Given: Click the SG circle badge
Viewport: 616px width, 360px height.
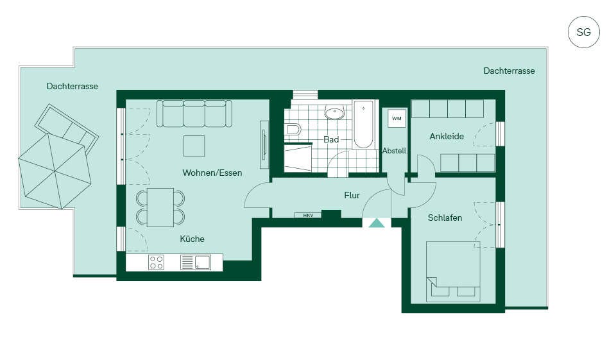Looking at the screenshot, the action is pos(583,32).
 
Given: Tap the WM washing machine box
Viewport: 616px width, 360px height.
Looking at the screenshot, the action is pos(397,118).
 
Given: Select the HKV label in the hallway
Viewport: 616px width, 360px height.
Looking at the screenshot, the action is pos(309,215).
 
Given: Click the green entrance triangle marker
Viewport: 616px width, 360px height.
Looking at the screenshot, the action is pos(377,223).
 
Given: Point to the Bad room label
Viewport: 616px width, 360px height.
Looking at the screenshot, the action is pos(331,139).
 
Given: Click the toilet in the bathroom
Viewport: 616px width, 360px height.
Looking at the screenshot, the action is pos(293,129).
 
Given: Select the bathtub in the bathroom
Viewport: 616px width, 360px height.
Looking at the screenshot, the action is pos(363,125).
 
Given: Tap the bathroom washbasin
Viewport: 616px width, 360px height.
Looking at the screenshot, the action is pos(334,113).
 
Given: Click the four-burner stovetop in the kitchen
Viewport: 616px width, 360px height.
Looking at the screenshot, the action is pos(156,262).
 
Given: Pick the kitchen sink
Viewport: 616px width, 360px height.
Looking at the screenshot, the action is pos(195,262).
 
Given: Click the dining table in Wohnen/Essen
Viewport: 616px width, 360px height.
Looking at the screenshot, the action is pos(160,207).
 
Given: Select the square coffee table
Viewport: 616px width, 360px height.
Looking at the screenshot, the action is pos(194,146).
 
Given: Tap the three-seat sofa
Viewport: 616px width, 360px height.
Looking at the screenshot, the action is pos(194,114).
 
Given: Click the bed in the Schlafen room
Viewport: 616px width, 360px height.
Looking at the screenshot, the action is pos(453,271).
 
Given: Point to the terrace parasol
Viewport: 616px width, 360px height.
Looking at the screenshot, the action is pos(55,171).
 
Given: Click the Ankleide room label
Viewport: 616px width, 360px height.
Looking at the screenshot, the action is pos(447,137).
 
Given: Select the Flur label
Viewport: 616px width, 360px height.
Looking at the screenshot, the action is pos(352,195).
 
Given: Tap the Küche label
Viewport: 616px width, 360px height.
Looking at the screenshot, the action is pos(192,239).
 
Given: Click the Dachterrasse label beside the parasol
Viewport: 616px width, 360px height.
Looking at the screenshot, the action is pos(73,86).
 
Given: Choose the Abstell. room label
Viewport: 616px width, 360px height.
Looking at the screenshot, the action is pos(395,151).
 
